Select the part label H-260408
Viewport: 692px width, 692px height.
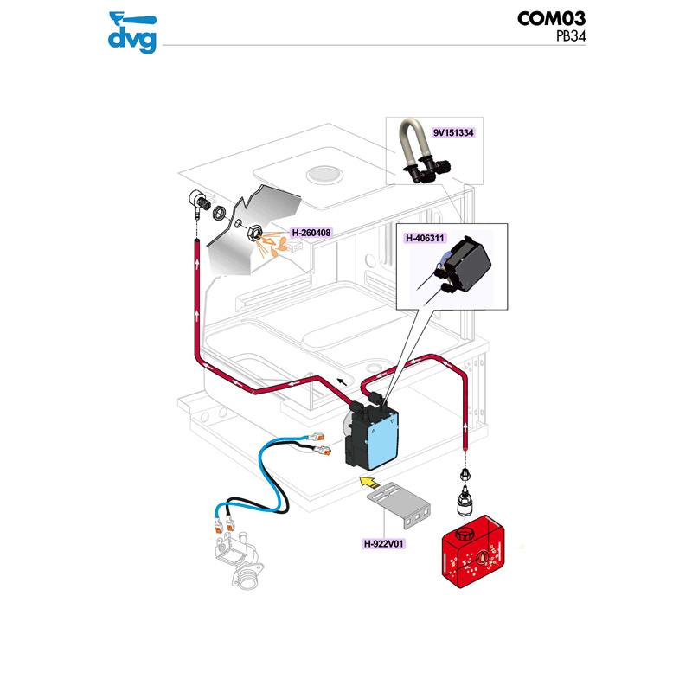tap(311, 232)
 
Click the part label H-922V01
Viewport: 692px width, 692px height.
tap(386, 544)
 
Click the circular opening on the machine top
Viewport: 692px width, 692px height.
tap(327, 171)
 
